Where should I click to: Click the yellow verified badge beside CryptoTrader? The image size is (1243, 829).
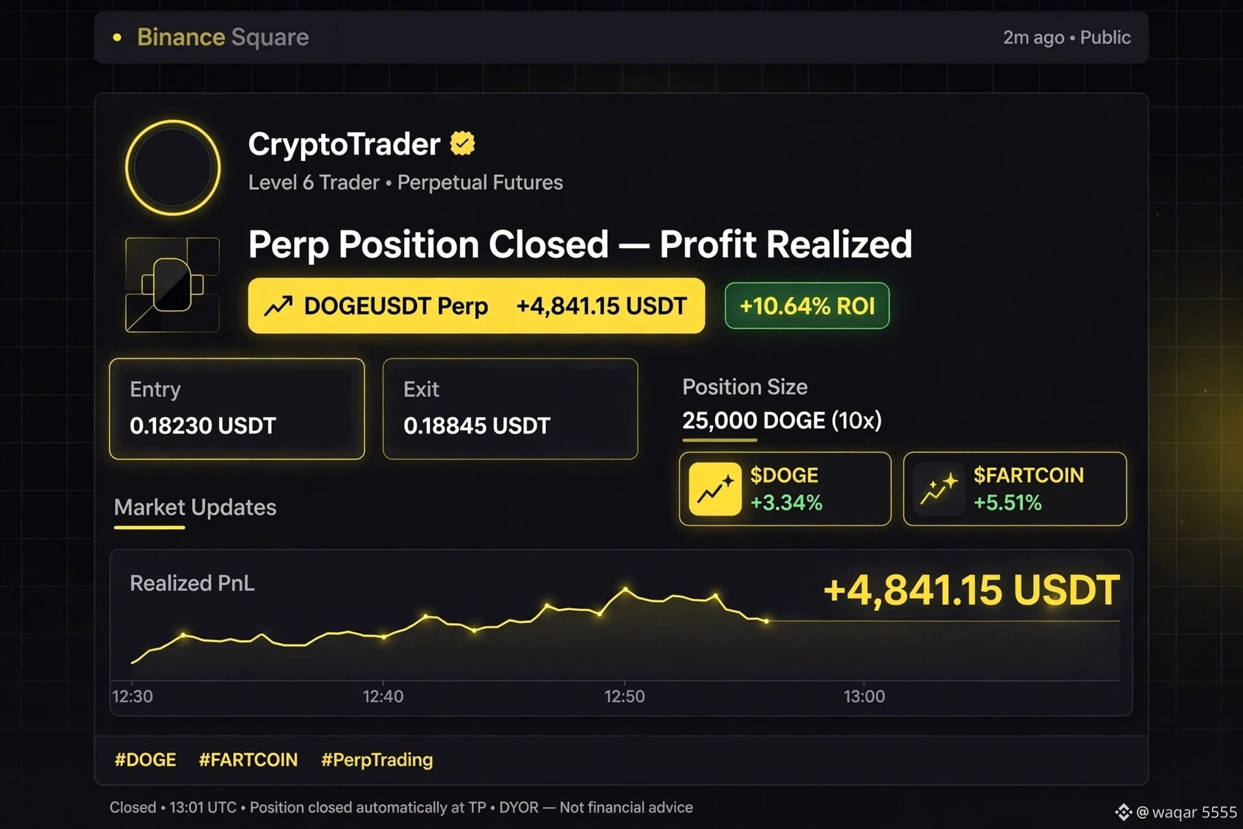(462, 144)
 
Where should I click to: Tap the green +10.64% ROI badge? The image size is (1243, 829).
(807, 306)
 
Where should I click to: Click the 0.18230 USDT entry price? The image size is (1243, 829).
(203, 426)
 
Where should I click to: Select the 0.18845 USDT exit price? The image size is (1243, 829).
(476, 426)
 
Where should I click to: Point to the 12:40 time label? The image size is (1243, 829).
(383, 696)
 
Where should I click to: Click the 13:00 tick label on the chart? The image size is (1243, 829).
(864, 696)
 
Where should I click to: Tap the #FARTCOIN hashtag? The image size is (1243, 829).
(248, 759)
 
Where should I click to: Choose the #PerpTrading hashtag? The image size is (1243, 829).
(377, 760)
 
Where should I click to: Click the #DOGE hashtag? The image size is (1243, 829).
(145, 759)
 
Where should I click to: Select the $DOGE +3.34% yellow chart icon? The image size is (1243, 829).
(715, 489)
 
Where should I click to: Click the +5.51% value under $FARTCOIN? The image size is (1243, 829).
(1007, 503)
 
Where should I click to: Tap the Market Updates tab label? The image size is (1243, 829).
(195, 507)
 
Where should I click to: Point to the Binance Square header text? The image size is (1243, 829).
(223, 37)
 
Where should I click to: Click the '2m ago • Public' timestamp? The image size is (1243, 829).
(1067, 38)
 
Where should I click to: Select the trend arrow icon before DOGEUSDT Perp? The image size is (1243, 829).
(278, 306)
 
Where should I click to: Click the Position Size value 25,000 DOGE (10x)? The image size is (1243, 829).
(781, 421)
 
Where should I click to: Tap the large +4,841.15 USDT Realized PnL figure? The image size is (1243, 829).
(971, 590)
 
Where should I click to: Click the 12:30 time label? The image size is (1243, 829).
(133, 696)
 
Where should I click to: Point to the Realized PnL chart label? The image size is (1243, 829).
(192, 583)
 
